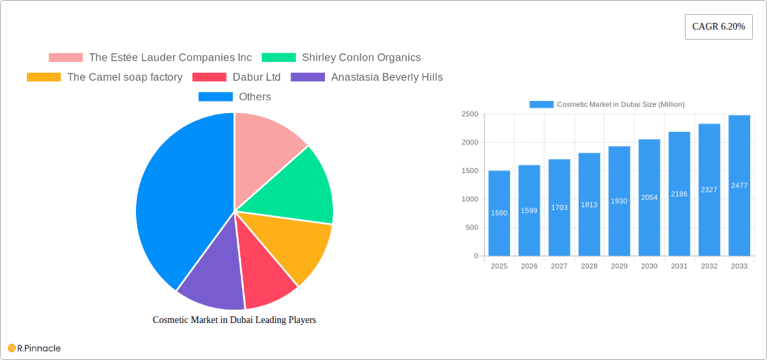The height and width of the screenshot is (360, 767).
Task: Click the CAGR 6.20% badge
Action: (x=718, y=27)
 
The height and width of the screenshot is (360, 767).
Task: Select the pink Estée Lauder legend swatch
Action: (x=65, y=58)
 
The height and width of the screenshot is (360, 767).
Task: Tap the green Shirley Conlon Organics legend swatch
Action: (x=279, y=58)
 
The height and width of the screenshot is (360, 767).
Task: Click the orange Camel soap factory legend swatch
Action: (x=44, y=77)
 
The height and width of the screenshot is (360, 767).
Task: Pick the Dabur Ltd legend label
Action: (x=256, y=77)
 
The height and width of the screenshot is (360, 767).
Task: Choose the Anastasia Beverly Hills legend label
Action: (x=386, y=77)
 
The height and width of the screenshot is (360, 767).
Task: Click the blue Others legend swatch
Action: (x=215, y=97)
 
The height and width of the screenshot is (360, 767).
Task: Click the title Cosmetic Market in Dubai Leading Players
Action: (x=234, y=320)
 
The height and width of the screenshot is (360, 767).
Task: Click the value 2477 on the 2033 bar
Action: (x=739, y=185)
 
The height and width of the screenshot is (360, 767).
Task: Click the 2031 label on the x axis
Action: (x=679, y=266)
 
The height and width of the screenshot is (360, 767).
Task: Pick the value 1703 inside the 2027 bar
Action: (x=559, y=208)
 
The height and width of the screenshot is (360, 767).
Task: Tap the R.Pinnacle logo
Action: (x=34, y=348)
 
